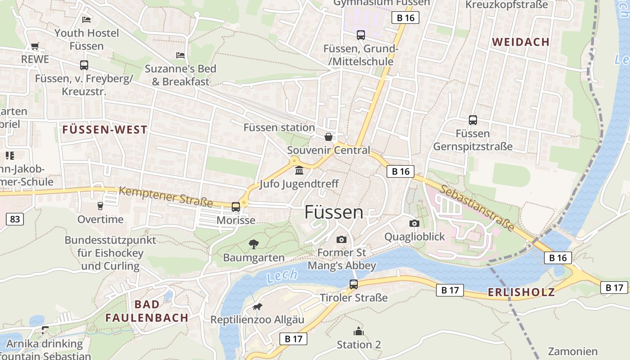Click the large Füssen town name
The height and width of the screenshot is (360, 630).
333,212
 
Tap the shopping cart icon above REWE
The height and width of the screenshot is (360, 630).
35,46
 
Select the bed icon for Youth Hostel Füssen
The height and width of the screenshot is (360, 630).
86,19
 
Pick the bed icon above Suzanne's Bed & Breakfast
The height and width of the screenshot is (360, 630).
180,55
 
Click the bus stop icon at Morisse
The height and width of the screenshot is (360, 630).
236,207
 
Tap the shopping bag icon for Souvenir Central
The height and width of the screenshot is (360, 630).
328,137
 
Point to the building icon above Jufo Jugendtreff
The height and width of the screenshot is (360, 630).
299,171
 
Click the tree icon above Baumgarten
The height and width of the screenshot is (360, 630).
254,244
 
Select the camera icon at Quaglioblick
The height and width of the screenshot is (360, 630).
414,223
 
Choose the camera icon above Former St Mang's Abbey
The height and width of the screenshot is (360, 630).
342,239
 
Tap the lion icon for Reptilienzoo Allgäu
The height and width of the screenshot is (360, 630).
257,307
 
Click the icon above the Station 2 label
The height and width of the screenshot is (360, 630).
359,332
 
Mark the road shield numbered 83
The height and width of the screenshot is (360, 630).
15,219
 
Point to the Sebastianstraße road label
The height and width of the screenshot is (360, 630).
477,207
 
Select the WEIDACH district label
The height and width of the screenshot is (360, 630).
521,42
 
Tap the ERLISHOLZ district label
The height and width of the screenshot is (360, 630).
521,292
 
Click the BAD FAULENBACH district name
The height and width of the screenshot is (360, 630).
147,311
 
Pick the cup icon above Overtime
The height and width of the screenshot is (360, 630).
100,206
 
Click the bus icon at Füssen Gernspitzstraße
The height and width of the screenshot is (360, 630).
473,120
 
